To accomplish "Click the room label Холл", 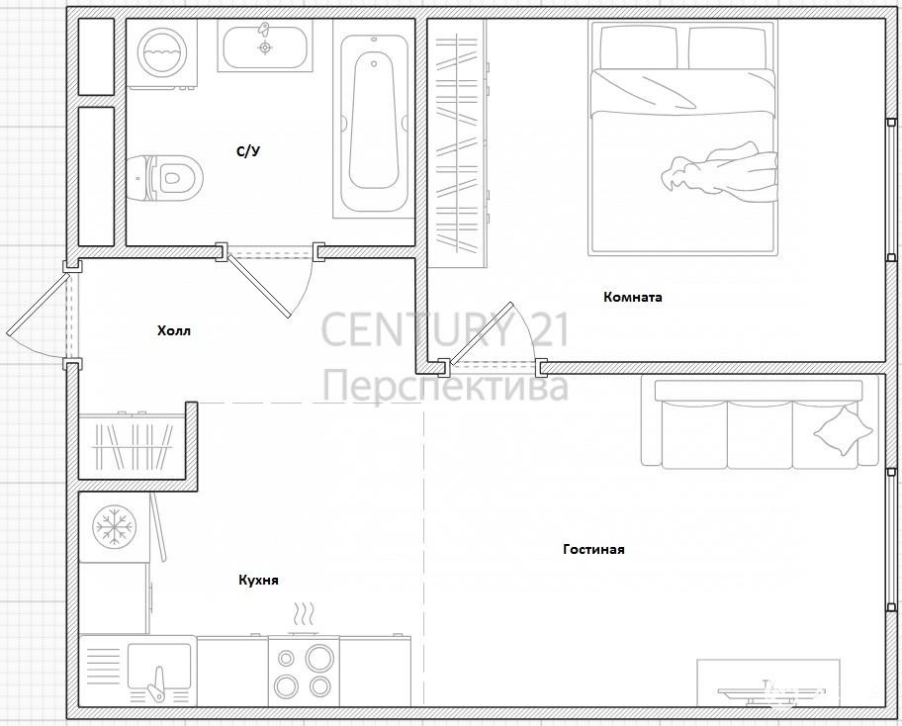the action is coord(174,330).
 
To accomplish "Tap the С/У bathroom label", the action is coord(249,151).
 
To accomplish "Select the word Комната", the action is coord(633,297).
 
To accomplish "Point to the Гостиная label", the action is coord(593,549).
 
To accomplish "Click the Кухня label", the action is coord(258,580).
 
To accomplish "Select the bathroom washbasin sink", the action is coord(265,47).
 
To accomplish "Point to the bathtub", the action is coord(374,127).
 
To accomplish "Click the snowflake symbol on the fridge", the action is coord(114,526).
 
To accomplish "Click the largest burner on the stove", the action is coord(319,658).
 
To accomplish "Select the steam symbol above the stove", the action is coord(304,614).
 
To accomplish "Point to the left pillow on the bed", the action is coord(639,47).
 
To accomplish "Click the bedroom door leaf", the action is coord(481,333).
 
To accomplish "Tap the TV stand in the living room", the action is coord(767,682).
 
